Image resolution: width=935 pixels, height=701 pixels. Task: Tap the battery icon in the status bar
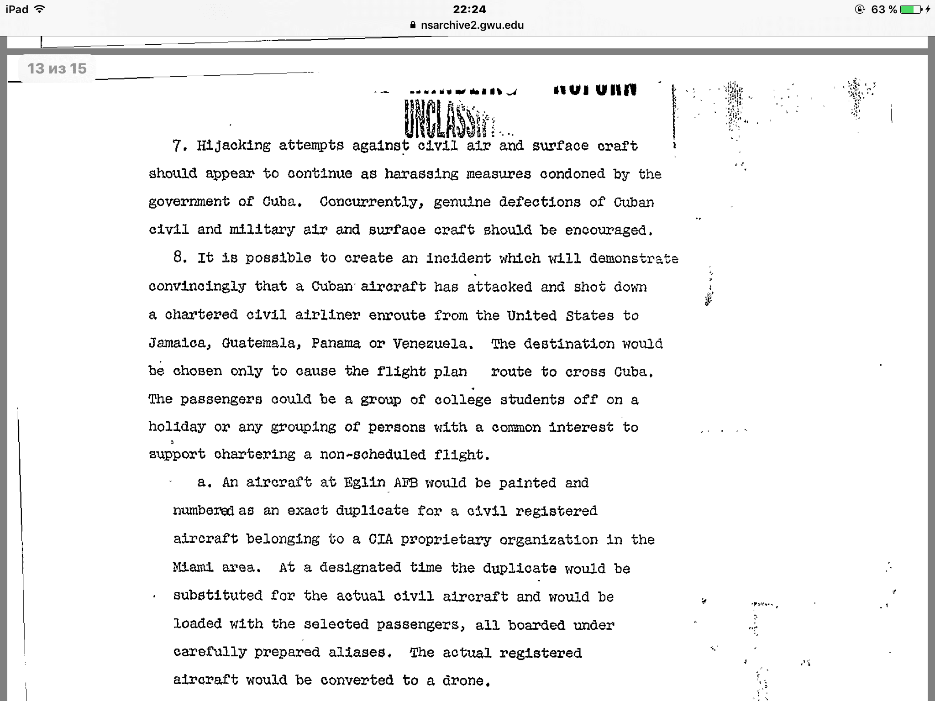coord(911,10)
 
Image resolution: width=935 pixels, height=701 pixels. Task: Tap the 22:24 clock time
coord(469,10)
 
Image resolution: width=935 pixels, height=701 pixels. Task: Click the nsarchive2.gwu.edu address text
coord(472,25)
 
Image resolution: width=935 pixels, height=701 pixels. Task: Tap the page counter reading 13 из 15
coord(57,68)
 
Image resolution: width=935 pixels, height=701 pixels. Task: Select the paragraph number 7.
coord(179,146)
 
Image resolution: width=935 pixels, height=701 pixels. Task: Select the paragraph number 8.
coord(180,257)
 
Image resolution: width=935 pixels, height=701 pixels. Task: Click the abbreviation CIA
coord(380,539)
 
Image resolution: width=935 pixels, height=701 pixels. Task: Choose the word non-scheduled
coord(373,455)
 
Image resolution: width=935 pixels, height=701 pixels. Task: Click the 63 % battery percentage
coord(884,10)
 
